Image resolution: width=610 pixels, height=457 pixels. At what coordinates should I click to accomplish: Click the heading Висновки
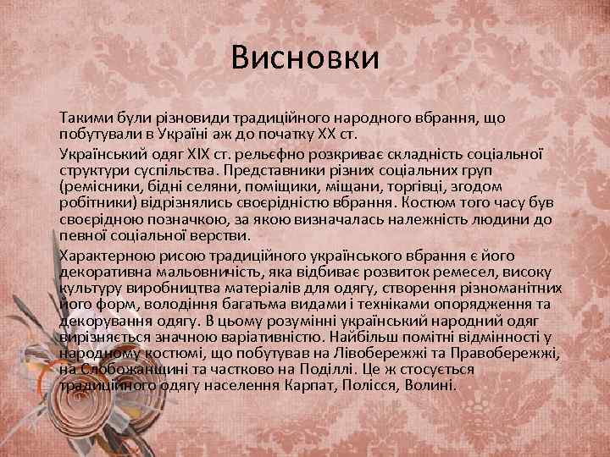point(305,59)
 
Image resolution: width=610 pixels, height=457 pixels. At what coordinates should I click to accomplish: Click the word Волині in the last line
point(432,383)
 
